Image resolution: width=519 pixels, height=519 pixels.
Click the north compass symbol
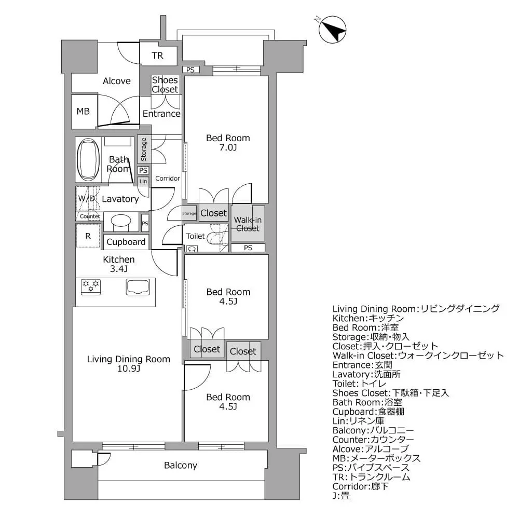click(332, 30)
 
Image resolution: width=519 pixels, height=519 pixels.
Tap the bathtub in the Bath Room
click(88, 161)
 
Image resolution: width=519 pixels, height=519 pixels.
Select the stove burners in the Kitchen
click(91, 286)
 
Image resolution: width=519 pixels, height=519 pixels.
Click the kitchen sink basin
click(138, 286)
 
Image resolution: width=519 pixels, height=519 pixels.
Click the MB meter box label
click(83, 111)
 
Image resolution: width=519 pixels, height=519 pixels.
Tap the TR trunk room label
click(157, 56)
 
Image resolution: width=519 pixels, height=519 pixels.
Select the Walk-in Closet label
click(248, 224)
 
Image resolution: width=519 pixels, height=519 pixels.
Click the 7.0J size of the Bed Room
click(227, 148)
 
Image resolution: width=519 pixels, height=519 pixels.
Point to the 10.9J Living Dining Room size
click(128, 369)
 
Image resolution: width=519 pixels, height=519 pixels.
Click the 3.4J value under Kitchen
click(118, 269)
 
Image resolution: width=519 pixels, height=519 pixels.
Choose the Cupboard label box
click(126, 242)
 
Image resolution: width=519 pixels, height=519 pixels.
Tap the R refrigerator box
click(88, 236)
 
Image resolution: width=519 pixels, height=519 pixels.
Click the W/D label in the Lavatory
click(87, 199)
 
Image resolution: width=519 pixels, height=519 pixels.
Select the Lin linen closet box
click(143, 181)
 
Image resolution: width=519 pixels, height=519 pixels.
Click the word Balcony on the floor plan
click(180, 465)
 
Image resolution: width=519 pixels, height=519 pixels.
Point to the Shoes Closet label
click(165, 85)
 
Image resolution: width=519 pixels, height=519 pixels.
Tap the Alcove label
click(117, 81)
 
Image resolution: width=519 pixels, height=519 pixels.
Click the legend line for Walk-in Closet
click(418, 356)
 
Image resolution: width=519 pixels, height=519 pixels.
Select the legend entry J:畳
click(340, 496)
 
